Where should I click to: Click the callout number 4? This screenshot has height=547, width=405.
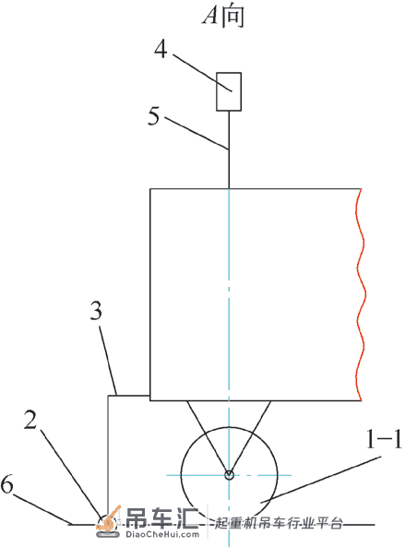click(x=161, y=49)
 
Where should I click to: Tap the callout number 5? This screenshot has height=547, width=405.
click(x=154, y=116)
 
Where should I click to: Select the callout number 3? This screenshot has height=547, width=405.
click(x=96, y=311)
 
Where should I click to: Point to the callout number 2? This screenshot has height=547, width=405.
click(x=30, y=420)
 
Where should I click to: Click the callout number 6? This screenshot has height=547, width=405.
click(x=6, y=484)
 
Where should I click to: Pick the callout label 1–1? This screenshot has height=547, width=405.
click(x=384, y=439)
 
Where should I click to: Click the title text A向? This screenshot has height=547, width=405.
click(x=223, y=16)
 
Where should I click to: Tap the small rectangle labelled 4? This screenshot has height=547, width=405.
click(x=229, y=91)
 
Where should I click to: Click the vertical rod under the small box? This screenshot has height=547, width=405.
click(x=229, y=149)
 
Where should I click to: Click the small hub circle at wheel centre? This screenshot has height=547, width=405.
click(x=229, y=475)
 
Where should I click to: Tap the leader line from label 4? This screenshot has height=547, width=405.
click(x=202, y=73)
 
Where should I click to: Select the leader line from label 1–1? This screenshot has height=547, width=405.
click(x=320, y=480)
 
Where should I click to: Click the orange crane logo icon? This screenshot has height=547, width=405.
click(x=108, y=521)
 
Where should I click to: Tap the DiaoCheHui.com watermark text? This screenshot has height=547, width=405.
click(x=161, y=534)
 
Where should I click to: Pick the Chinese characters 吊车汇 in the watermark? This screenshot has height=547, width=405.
click(x=162, y=517)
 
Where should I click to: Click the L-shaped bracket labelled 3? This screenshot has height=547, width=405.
click(x=108, y=454)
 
